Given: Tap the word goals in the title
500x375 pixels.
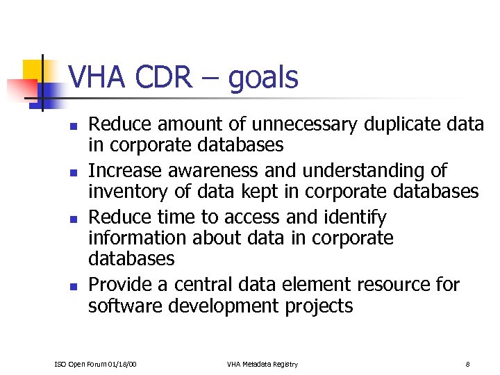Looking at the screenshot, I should click(262, 78).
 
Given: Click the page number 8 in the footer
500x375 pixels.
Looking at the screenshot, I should click(468, 364).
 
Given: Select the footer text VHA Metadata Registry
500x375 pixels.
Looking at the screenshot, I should click(262, 364).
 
